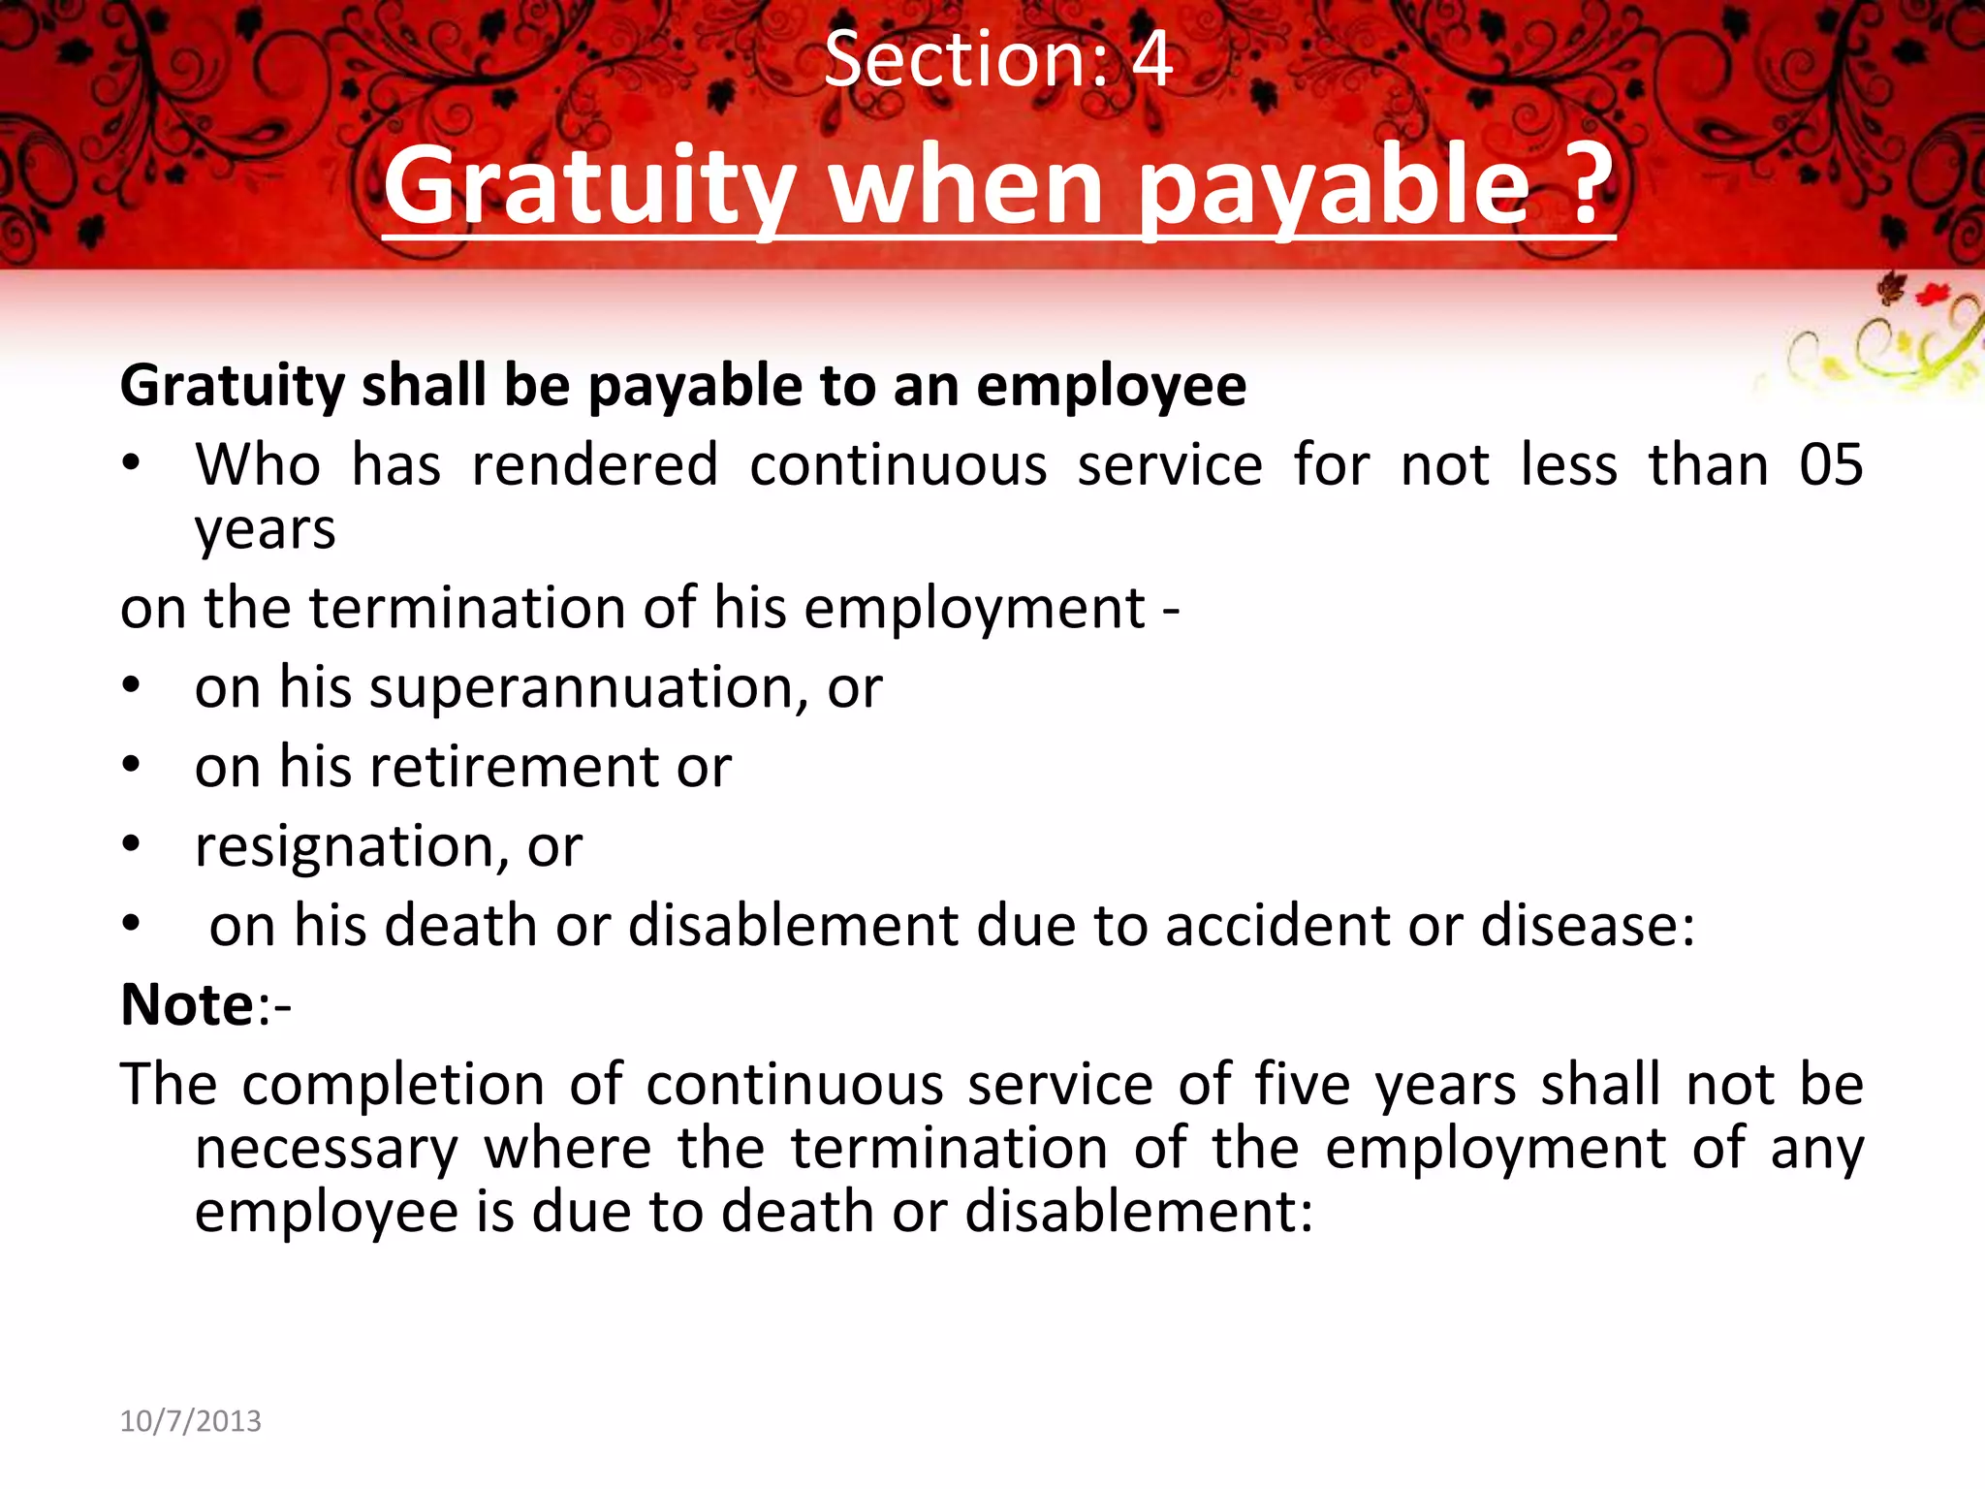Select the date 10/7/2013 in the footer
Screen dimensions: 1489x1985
(190, 1421)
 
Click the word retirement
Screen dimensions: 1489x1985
(515, 768)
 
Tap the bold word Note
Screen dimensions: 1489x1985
(187, 1005)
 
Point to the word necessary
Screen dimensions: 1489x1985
(327, 1149)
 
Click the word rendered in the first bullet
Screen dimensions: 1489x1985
(594, 465)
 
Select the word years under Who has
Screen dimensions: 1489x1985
(265, 530)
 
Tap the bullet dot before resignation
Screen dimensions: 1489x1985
(132, 845)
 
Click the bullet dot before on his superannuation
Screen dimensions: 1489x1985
(132, 686)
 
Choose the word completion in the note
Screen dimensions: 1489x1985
(393, 1085)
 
